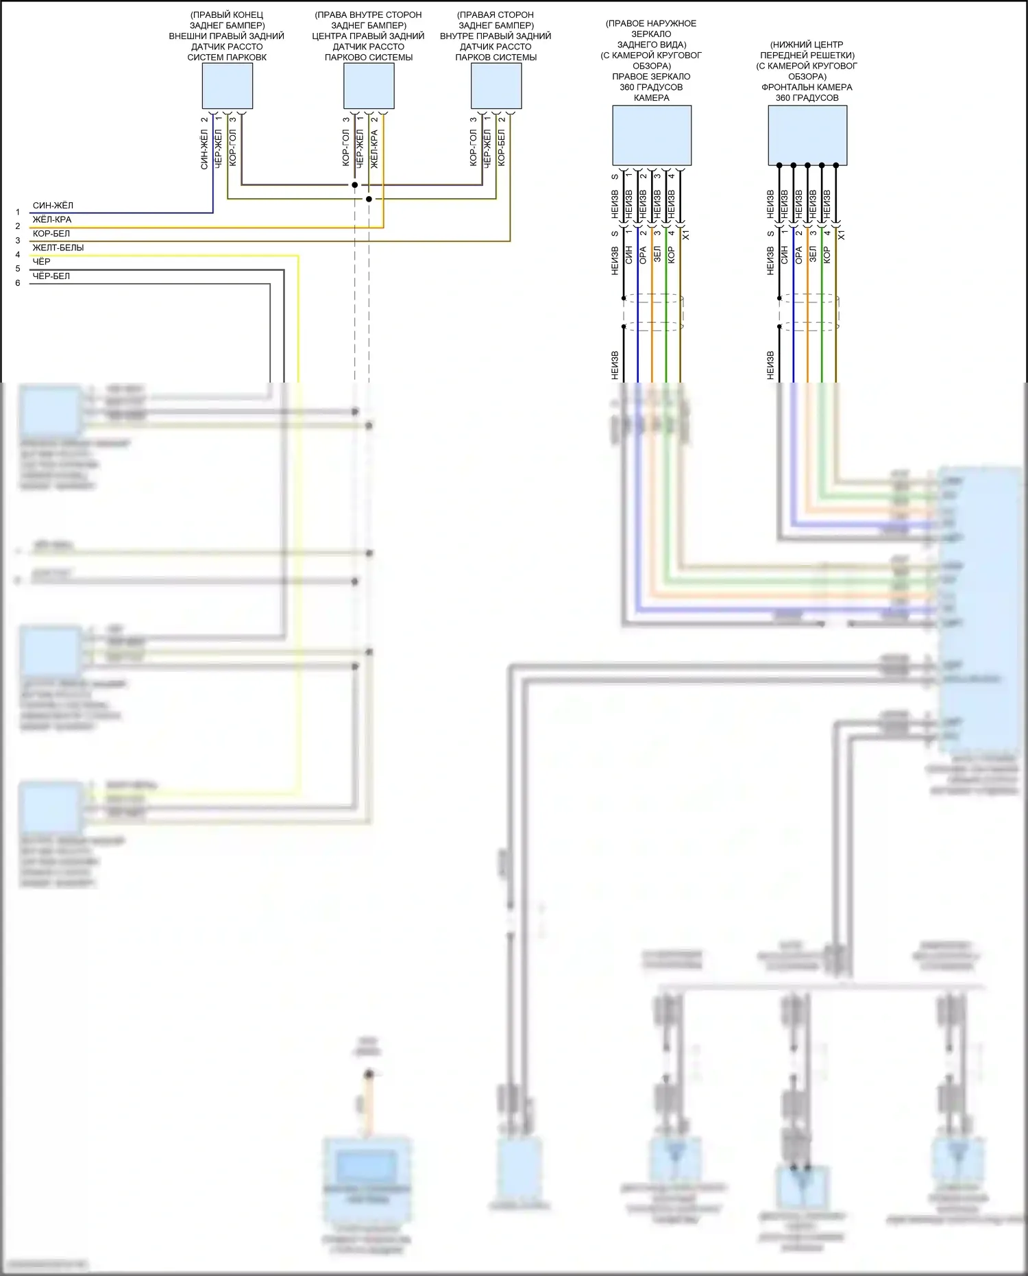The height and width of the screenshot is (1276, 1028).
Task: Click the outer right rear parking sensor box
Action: point(227,86)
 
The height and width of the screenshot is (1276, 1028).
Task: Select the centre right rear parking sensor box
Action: point(369,86)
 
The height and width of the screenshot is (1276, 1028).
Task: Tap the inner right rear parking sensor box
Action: point(496,86)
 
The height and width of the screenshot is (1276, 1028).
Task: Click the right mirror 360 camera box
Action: point(651,135)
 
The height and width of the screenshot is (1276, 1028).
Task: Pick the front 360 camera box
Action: point(807,135)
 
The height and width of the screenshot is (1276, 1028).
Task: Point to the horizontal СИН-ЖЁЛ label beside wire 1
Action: point(53,206)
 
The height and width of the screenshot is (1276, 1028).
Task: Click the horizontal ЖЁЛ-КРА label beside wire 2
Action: point(52,219)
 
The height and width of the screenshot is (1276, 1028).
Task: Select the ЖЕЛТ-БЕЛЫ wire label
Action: point(58,248)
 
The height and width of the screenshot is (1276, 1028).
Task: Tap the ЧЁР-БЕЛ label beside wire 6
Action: point(51,276)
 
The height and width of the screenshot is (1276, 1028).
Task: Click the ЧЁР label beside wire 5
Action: point(42,262)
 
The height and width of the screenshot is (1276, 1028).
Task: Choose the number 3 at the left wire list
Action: point(18,241)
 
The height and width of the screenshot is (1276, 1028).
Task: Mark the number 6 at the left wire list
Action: point(18,283)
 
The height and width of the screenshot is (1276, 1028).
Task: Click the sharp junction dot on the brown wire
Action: point(354,185)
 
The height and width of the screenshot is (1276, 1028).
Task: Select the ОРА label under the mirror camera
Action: point(643,256)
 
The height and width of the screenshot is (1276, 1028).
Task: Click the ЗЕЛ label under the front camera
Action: point(813,256)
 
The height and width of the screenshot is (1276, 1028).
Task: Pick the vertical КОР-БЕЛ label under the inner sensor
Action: point(502,147)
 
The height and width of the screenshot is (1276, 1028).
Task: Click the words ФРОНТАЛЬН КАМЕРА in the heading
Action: point(807,87)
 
